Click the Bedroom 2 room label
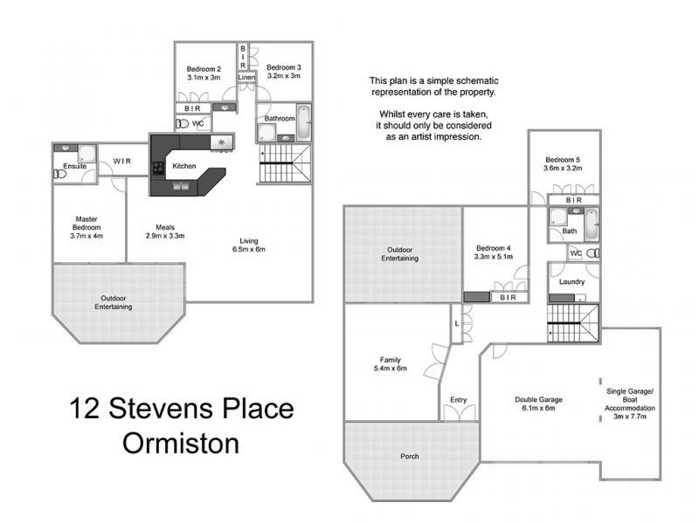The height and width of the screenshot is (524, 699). pyautogui.click(x=204, y=69)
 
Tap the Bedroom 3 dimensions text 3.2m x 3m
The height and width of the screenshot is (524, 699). pyautogui.click(x=284, y=76)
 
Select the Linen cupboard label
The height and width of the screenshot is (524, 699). pyautogui.click(x=246, y=77)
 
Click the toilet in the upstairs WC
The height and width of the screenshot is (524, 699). pyautogui.click(x=182, y=123)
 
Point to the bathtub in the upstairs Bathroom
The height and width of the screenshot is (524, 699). pyautogui.click(x=304, y=121)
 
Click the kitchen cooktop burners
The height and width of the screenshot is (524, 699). pyautogui.click(x=159, y=168)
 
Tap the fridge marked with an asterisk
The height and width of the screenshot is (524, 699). pyautogui.click(x=222, y=142)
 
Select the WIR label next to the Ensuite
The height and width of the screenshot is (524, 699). pyautogui.click(x=122, y=161)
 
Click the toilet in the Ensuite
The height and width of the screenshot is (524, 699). pyautogui.click(x=59, y=174)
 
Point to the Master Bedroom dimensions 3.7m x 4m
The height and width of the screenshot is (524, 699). pyautogui.click(x=87, y=236)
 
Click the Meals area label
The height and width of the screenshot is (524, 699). pyautogui.click(x=165, y=227)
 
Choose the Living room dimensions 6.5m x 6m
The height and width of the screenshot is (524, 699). pyautogui.click(x=249, y=249)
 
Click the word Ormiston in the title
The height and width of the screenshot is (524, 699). pyautogui.click(x=181, y=444)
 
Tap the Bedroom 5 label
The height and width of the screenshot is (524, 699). pyautogui.click(x=563, y=160)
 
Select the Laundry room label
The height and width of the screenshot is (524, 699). pyautogui.click(x=572, y=281)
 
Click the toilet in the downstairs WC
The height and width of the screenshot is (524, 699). pyautogui.click(x=593, y=253)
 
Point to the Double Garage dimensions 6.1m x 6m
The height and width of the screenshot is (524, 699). pyautogui.click(x=538, y=408)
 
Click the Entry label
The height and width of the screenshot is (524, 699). pyautogui.click(x=458, y=400)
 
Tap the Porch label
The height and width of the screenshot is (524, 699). pyautogui.click(x=410, y=456)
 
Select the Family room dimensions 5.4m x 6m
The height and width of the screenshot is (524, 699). pyautogui.click(x=391, y=369)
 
